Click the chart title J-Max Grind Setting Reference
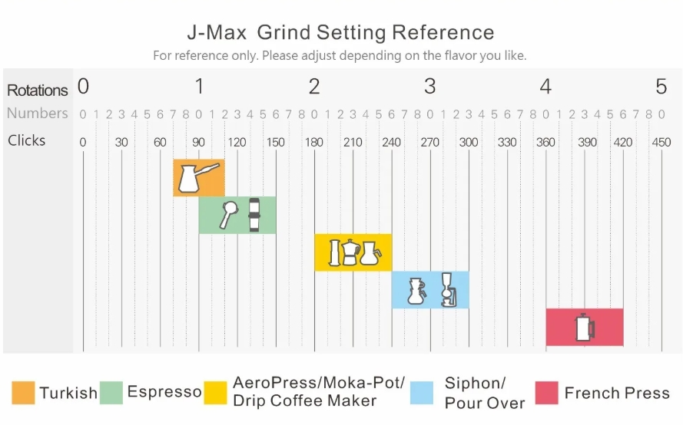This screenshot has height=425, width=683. coord(340,33)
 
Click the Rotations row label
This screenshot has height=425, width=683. coord(38,90)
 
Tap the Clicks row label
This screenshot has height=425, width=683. coord(27,140)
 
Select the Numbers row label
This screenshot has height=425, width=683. coord(38,114)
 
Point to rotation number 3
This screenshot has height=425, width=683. coord(429,87)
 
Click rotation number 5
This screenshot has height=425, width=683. coord(661,87)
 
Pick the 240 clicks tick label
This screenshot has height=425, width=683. coord(391,142)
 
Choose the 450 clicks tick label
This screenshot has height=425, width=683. coord(661,142)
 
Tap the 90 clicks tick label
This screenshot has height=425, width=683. coord(198,142)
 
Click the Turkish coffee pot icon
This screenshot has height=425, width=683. coord(189,177)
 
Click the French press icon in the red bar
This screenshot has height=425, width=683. coord(585,328)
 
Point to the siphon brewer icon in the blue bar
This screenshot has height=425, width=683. coord(446,289)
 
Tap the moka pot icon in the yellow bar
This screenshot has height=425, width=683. coord(351,252)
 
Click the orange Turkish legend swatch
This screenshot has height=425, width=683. coord(23,393)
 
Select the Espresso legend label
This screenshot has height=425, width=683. coord(164,392)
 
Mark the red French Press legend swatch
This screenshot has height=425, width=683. coord(546,393)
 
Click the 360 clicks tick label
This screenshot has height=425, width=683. coord(545,142)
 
